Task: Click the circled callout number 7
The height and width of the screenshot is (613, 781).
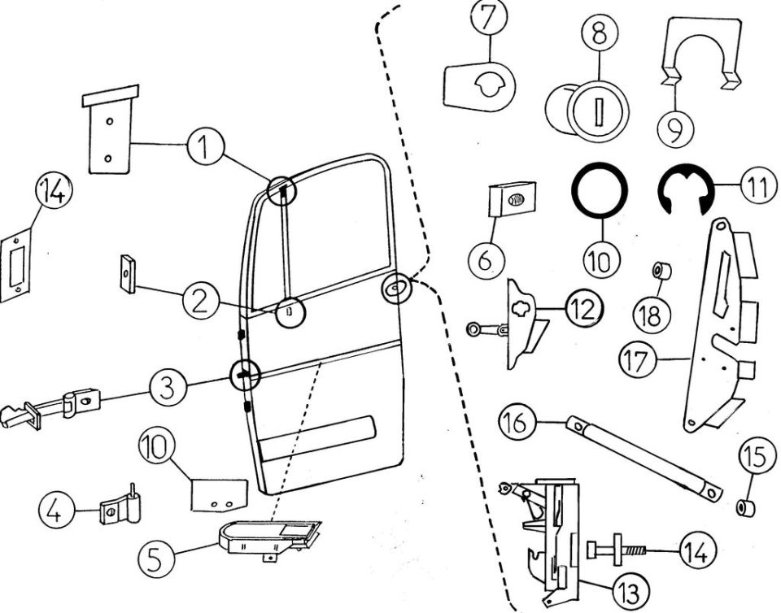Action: [x=489, y=19]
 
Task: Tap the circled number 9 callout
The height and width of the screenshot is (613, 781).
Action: [x=675, y=129]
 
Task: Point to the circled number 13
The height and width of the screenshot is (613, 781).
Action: [x=630, y=592]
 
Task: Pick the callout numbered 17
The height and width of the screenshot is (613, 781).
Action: [x=638, y=360]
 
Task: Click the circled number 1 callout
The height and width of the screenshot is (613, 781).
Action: [x=206, y=147]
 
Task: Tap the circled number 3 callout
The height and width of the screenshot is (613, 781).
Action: [x=168, y=387]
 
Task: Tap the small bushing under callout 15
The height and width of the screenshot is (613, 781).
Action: [x=746, y=509]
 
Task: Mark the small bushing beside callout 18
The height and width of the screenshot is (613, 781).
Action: [x=662, y=272]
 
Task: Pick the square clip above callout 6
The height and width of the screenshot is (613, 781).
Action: [x=512, y=199]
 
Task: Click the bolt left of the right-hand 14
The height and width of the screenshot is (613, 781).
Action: [x=616, y=550]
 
